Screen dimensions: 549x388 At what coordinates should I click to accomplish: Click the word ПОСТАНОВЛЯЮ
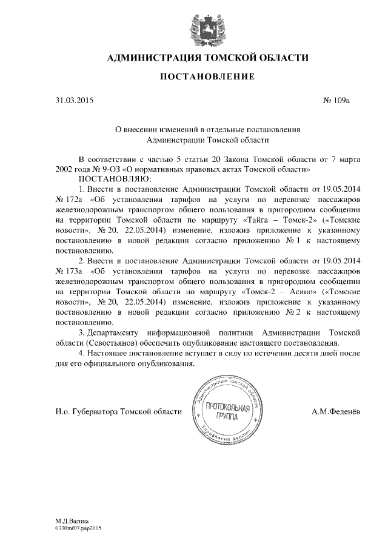pyautogui.click(x=113, y=178)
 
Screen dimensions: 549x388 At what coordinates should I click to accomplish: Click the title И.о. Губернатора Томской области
pyautogui.click(x=118, y=412)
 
